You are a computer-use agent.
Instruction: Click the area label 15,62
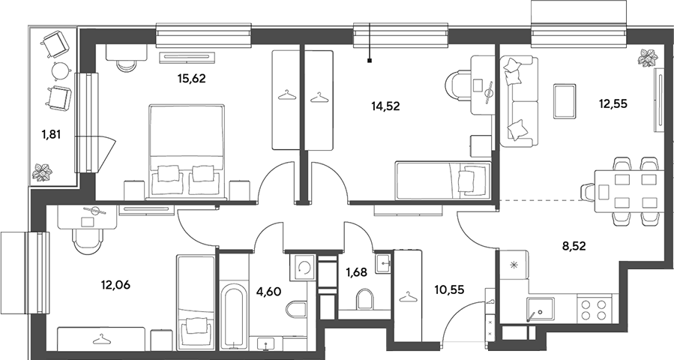click(x=192, y=79)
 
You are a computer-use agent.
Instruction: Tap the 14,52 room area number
click(x=385, y=106)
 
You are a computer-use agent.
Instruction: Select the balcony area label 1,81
click(x=51, y=135)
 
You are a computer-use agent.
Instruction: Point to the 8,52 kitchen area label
click(x=574, y=246)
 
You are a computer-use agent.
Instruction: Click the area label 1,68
click(x=357, y=271)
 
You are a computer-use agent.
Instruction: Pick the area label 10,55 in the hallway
click(x=450, y=290)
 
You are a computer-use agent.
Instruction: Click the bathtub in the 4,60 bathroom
click(x=234, y=316)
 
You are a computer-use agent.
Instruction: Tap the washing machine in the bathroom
click(x=302, y=267)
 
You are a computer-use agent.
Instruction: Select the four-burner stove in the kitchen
click(x=594, y=310)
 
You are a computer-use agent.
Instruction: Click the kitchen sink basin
click(x=541, y=308)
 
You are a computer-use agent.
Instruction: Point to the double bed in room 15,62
click(x=187, y=151)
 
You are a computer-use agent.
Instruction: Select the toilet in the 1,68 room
click(x=365, y=298)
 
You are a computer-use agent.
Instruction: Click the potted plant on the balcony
click(x=42, y=172)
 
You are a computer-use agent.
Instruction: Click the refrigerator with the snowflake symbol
click(x=514, y=265)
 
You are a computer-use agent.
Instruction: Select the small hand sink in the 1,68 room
click(x=383, y=262)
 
